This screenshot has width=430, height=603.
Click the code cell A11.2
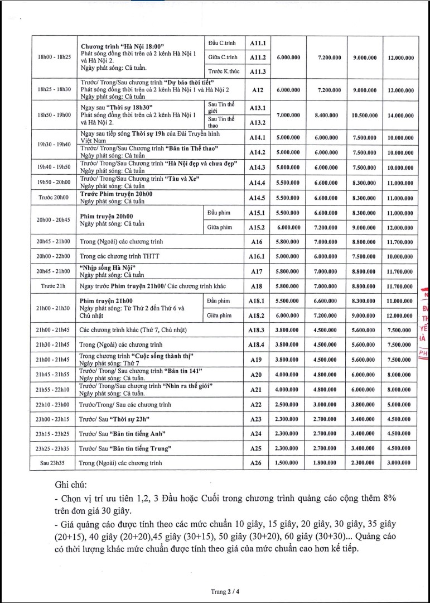coord(257,58)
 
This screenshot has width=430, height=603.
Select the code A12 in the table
coord(257,89)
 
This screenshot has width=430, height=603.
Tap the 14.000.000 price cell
coord(400,115)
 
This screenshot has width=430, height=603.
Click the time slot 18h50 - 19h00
coord(54,115)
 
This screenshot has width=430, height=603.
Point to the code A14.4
coord(257,183)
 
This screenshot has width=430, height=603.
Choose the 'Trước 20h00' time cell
coord(54,198)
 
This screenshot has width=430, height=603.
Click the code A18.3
coord(257,330)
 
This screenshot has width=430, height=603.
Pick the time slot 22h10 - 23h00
coord(54,404)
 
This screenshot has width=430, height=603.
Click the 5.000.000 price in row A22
coord(400,404)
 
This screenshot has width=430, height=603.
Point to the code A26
coord(257,462)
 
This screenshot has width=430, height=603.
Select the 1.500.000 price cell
coord(289,462)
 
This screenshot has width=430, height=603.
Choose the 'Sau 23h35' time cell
coord(54,462)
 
